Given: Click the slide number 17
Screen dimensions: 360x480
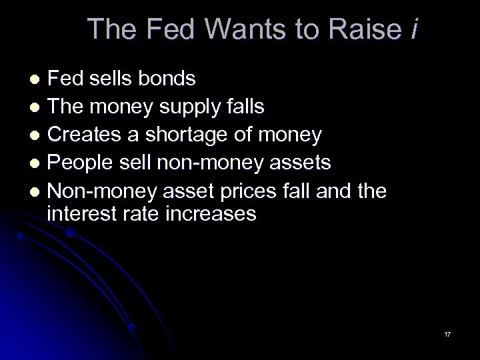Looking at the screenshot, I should [447, 333].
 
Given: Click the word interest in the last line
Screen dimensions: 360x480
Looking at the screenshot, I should [79, 213].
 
